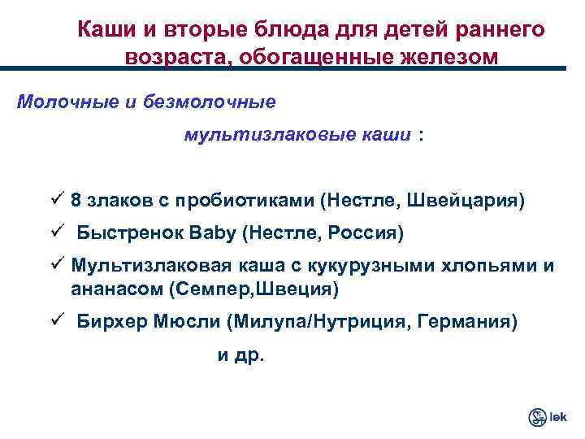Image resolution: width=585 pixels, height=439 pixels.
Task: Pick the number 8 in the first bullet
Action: (x=76, y=200)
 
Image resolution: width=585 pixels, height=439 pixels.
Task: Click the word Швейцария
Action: (x=466, y=200)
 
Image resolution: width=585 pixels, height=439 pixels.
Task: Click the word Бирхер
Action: (x=110, y=321)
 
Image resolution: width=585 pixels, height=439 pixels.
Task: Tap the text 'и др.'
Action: (x=240, y=355)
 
